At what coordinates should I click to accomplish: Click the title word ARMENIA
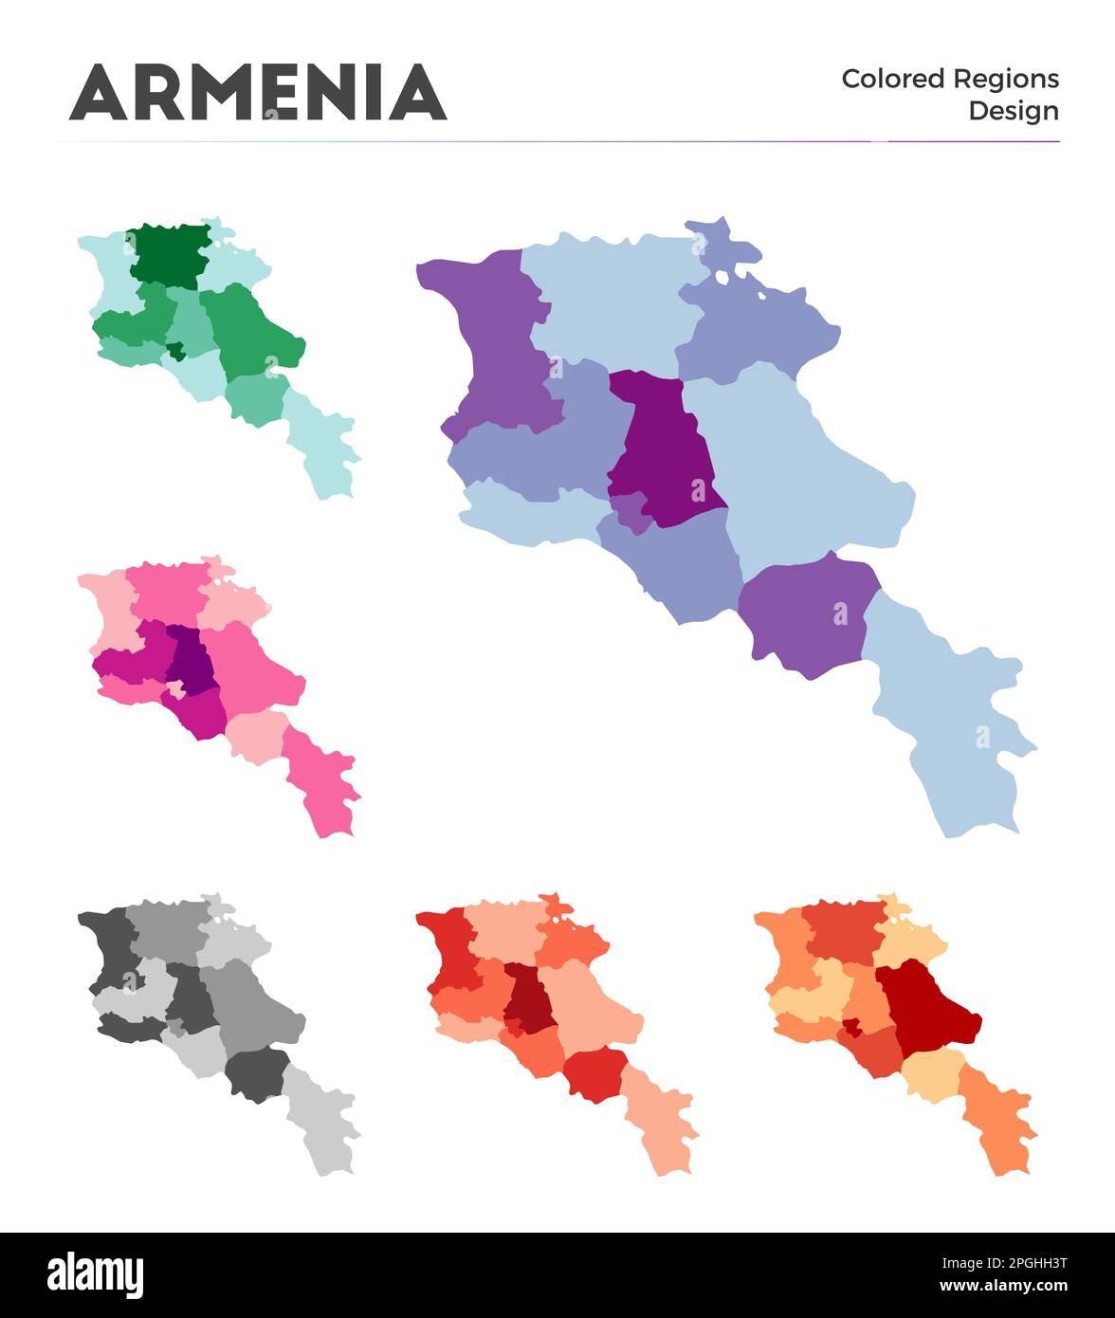[x=257, y=93]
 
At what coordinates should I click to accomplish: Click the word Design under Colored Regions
[x=1013, y=111]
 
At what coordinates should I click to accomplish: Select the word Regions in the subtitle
[x=1006, y=79]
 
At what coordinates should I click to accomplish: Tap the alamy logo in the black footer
[x=95, y=1274]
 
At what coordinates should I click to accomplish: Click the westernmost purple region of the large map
[x=493, y=341]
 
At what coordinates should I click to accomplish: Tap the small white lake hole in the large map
[x=722, y=278]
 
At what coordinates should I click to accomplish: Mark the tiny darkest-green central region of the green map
[x=175, y=351]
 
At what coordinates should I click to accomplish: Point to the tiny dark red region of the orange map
[x=851, y=1025]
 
